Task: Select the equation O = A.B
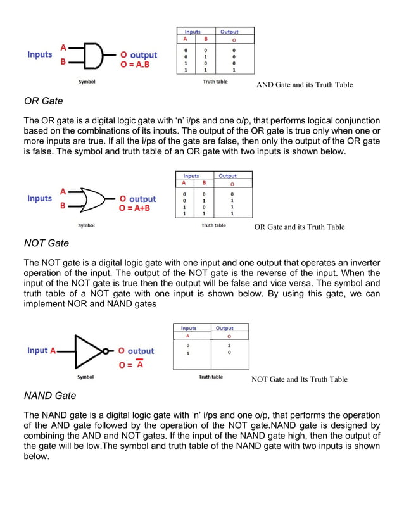(134, 65)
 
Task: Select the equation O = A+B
(137, 209)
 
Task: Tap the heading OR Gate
(43, 101)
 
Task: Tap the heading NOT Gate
(46, 243)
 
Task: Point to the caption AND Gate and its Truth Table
(304, 85)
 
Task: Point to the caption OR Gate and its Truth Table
(300, 227)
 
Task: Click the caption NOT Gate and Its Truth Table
(299, 379)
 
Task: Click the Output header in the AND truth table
(229, 31)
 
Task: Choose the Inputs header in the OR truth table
(191, 175)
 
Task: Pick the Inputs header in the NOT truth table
(189, 328)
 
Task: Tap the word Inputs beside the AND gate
(39, 54)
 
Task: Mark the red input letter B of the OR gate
(63, 206)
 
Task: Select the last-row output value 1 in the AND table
(234, 70)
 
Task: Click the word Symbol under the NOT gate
(85, 377)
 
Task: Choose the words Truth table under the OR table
(213, 225)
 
